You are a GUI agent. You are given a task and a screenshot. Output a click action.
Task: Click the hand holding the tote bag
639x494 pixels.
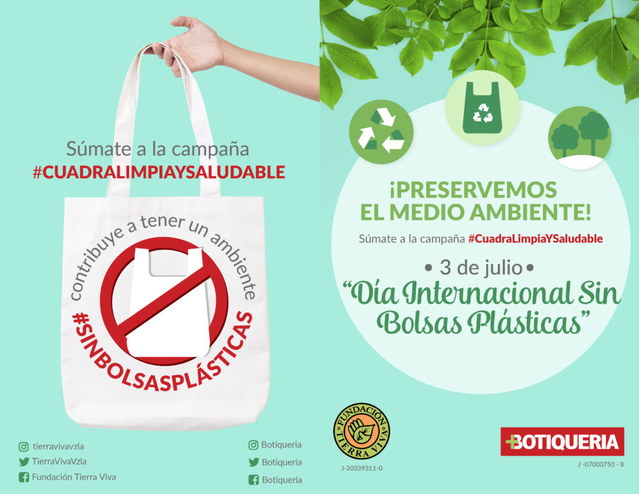point(192,45)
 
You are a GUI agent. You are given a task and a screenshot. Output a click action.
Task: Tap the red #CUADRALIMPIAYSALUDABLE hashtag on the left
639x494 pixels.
point(159,172)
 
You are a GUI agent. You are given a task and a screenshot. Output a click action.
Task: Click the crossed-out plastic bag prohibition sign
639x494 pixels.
point(164,301)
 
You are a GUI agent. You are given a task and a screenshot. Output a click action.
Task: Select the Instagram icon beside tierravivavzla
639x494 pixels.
point(24,447)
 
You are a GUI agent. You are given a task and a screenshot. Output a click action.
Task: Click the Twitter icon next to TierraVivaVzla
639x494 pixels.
point(24,462)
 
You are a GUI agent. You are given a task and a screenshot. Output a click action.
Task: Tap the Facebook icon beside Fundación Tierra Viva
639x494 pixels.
point(24,477)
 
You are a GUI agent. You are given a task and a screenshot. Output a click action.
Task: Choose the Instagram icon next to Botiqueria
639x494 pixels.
point(253,445)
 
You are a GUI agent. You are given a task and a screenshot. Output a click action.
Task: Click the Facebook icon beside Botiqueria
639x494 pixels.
point(253,480)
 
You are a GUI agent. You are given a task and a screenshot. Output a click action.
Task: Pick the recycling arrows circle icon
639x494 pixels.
point(381,132)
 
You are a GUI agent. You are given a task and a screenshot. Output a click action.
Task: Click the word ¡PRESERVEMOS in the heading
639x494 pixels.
point(473,190)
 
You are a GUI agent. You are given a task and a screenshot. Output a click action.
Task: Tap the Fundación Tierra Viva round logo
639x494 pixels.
point(361,431)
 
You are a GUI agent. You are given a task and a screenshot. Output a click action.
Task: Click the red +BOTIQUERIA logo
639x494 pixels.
point(562,442)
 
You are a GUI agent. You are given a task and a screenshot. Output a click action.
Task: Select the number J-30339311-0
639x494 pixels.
point(362,468)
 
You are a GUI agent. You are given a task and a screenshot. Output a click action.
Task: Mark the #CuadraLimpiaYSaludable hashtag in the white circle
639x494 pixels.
point(535,239)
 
